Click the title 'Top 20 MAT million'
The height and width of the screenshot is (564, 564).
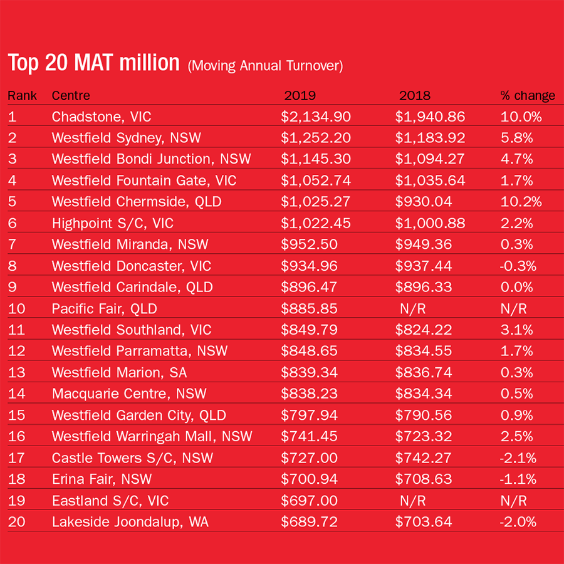(93, 63)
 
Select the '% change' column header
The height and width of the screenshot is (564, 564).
(528, 96)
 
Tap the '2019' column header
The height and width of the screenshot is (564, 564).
(300, 96)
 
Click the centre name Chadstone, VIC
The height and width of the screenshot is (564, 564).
(101, 117)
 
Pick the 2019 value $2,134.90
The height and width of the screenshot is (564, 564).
(316, 117)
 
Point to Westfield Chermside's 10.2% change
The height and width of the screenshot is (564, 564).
(521, 202)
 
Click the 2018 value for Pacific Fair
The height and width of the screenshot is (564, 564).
(414, 308)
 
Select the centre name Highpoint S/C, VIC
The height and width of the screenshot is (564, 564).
(112, 223)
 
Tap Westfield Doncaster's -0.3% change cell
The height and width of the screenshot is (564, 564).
(518, 266)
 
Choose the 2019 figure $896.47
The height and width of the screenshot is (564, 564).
(309, 287)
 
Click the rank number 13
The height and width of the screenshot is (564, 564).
(16, 373)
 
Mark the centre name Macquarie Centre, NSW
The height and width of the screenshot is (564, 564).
(129, 394)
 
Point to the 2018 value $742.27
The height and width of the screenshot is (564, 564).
(423, 458)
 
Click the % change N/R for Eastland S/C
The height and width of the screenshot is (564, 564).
(513, 501)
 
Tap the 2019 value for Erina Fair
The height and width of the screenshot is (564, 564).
(309, 479)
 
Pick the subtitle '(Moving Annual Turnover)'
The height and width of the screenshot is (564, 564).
(265, 66)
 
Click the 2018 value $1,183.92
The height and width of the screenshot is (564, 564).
(430, 138)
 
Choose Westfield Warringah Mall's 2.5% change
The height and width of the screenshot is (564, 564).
(516, 437)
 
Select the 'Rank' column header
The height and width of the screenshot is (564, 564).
(22, 96)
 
